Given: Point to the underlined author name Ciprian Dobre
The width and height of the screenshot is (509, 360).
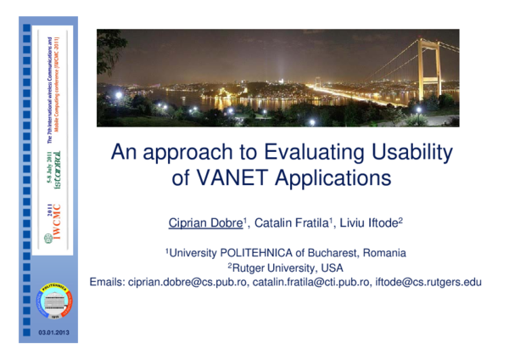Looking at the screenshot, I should click(x=205, y=223).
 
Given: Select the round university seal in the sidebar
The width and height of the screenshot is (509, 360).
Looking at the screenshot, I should click(x=55, y=301).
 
